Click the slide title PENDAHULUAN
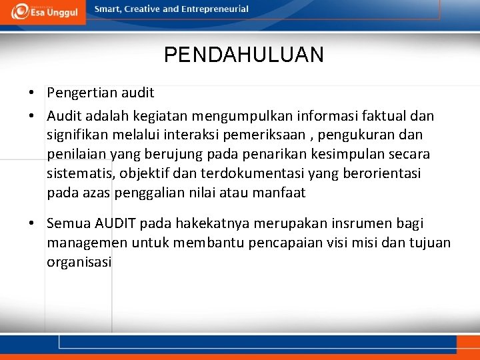[x=244, y=55]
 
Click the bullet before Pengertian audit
[x=32, y=93]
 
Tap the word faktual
[x=385, y=116]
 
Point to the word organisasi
[x=79, y=262]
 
